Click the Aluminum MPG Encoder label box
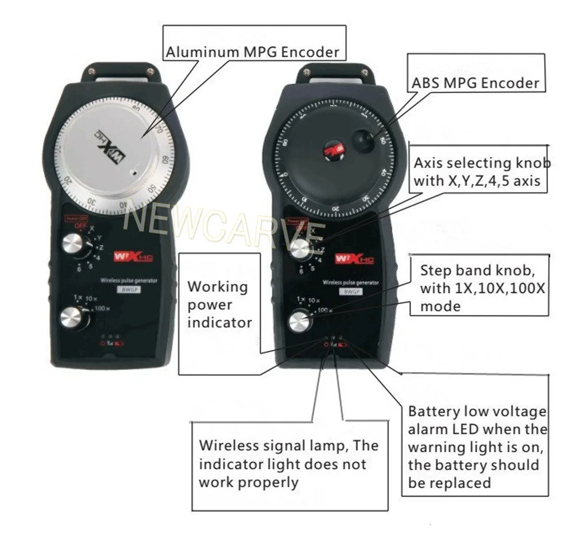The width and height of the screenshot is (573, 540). pos(252,51)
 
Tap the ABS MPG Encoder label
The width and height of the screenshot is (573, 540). pos(475,83)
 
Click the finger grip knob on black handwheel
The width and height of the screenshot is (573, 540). pos(364,140)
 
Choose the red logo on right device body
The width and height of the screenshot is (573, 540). pos(353,259)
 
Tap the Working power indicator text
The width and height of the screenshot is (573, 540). pos(219,305)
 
